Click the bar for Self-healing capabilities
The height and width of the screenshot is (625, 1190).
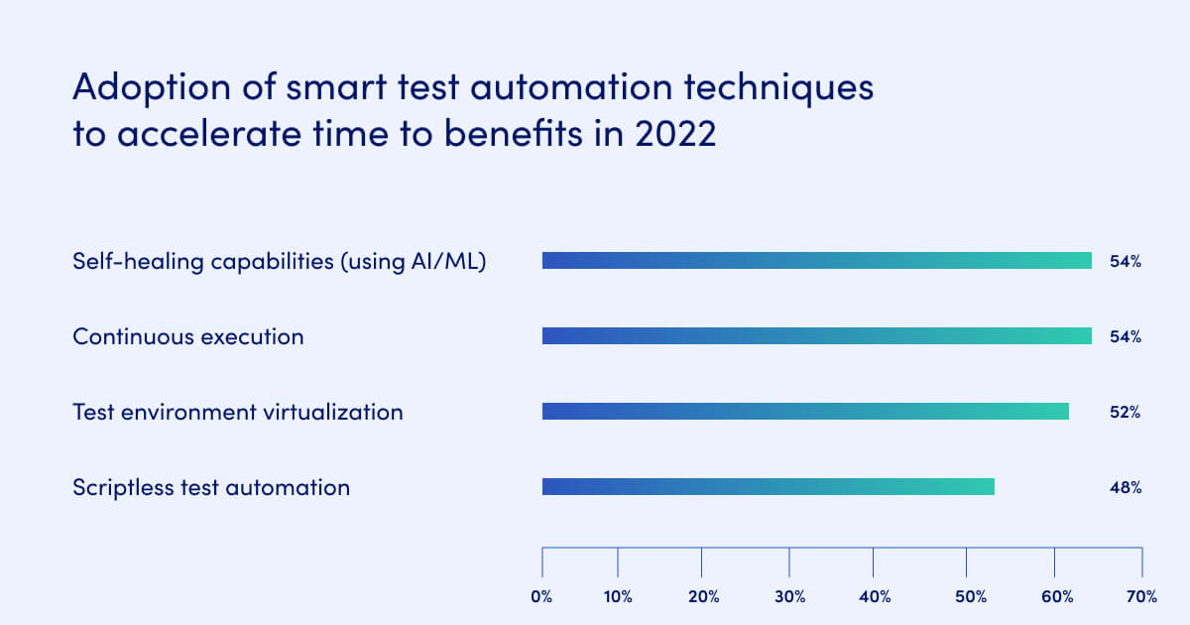click(816, 261)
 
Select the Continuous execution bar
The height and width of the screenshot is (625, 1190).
click(816, 336)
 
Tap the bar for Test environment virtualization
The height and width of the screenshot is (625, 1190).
click(805, 411)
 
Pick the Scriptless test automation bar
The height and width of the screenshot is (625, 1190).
click(768, 486)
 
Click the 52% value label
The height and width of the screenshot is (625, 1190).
click(1125, 412)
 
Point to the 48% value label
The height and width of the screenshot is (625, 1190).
click(1125, 487)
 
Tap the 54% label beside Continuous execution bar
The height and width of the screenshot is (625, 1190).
click(1125, 337)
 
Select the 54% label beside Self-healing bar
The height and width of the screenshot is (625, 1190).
click(1125, 262)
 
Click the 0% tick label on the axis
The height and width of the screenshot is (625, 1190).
click(541, 596)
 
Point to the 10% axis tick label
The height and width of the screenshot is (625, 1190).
click(617, 596)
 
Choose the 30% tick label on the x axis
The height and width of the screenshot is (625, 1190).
click(788, 596)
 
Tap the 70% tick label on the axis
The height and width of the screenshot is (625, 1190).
click(1141, 596)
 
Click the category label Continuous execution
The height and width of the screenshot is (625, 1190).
click(188, 337)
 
